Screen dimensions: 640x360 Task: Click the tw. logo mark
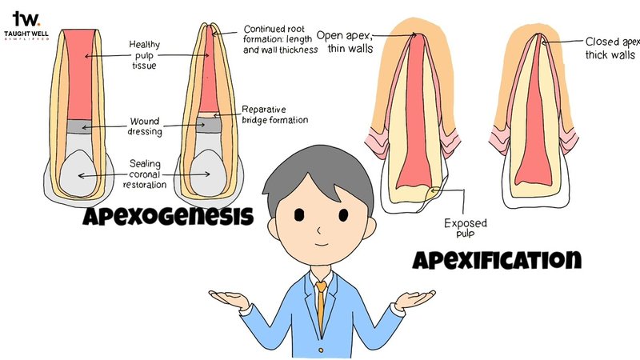(26, 18)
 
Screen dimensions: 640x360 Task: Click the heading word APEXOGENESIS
(168, 216)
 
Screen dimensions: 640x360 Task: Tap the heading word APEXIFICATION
(497, 259)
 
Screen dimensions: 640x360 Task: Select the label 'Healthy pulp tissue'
(144, 54)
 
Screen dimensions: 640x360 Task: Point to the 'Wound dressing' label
(145, 126)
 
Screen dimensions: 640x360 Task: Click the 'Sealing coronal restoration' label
(145, 174)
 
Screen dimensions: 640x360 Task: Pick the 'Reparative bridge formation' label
(274, 114)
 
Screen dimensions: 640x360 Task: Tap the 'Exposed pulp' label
(466, 228)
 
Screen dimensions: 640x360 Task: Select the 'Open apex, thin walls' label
(345, 42)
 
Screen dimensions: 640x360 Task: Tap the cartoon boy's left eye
(299, 214)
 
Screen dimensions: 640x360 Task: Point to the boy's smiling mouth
(322, 244)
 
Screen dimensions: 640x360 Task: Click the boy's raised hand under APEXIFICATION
(414, 299)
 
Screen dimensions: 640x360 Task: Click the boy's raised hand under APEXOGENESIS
(229, 299)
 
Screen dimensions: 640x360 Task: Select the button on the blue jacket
(321, 350)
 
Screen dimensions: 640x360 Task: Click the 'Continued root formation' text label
(280, 39)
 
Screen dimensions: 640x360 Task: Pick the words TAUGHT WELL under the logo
(26, 33)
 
